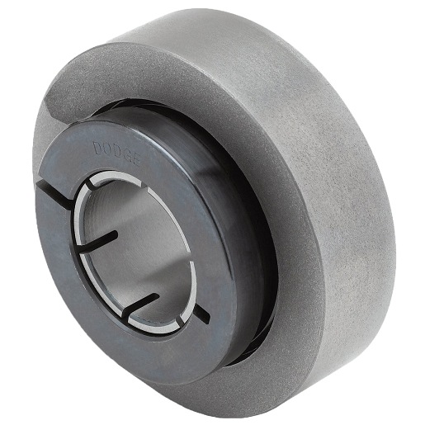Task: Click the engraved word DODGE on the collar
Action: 116,153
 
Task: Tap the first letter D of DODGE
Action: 97,148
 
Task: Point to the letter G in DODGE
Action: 125,156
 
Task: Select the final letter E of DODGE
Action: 135,160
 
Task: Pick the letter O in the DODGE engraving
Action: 107,149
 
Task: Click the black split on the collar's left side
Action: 54,191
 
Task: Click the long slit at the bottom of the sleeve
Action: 141,305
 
